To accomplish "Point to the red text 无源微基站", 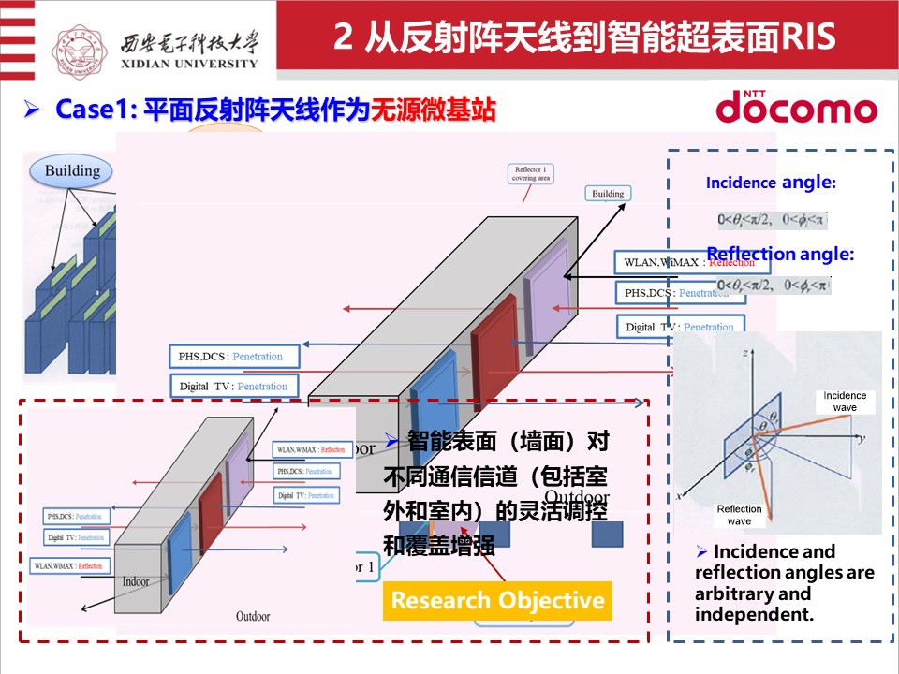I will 433,110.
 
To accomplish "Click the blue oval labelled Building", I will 72,170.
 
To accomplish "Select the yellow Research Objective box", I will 497,600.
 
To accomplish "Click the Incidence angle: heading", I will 770,183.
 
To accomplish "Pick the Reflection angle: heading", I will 779,254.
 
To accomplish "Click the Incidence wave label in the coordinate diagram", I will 845,402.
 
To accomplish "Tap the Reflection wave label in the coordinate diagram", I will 739,515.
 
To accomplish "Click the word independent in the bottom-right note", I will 754,615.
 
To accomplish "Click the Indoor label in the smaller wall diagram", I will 136,581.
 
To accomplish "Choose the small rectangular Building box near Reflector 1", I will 608,194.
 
